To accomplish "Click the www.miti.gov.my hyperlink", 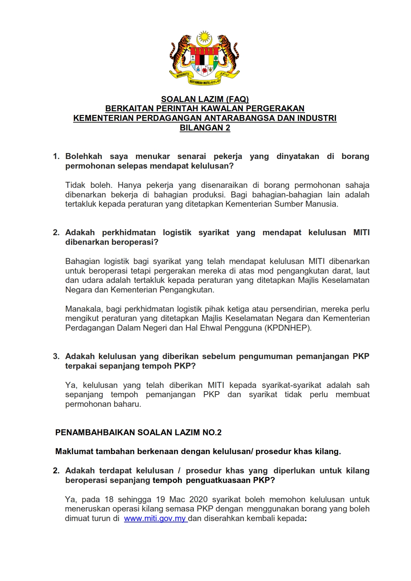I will pos(155,518).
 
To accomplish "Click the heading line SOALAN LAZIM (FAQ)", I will pos(205,99).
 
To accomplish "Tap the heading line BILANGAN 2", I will pos(205,128).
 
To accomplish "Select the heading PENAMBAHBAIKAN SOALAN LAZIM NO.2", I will pos(138,433).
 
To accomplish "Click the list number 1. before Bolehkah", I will pos(56,156).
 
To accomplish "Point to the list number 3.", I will pos(56,356).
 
